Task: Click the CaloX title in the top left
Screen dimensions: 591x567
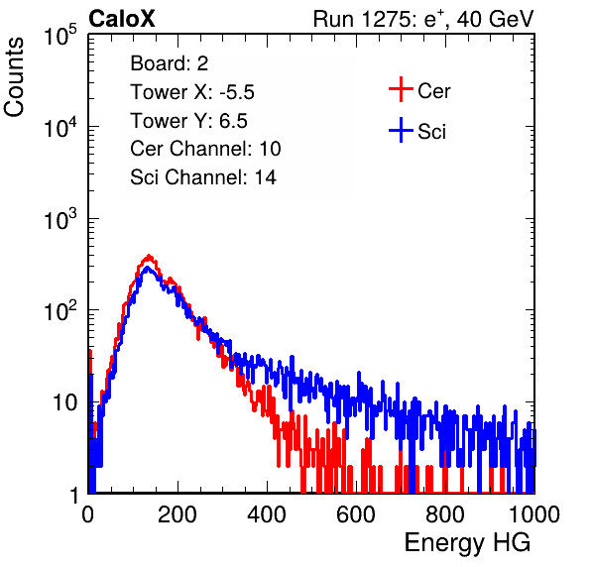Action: click(122, 19)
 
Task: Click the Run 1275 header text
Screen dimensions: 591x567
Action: click(423, 19)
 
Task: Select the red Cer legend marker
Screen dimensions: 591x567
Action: click(401, 89)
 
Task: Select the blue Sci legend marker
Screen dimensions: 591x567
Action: click(401, 131)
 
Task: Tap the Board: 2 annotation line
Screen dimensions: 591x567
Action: click(170, 63)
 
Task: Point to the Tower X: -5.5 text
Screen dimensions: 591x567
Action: click(192, 92)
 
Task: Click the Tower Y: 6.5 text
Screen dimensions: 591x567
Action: click(188, 121)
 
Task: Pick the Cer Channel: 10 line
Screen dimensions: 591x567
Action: click(205, 149)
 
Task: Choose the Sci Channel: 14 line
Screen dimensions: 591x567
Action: click(203, 177)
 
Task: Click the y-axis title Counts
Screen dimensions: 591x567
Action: click(14, 77)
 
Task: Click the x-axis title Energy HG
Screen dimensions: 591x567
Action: click(467, 543)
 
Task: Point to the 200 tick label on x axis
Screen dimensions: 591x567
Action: click(177, 514)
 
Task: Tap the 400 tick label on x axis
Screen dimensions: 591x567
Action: click(267, 514)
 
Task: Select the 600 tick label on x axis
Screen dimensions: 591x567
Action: click(356, 514)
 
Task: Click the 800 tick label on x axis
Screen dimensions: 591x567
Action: click(445, 514)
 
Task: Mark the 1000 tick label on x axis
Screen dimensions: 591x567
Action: click(534, 514)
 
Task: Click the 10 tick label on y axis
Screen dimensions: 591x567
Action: click(65, 402)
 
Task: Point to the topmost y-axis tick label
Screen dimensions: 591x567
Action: click(60, 35)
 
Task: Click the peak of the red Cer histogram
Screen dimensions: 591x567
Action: click(149, 257)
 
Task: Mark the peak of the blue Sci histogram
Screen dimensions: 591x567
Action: click(148, 268)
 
